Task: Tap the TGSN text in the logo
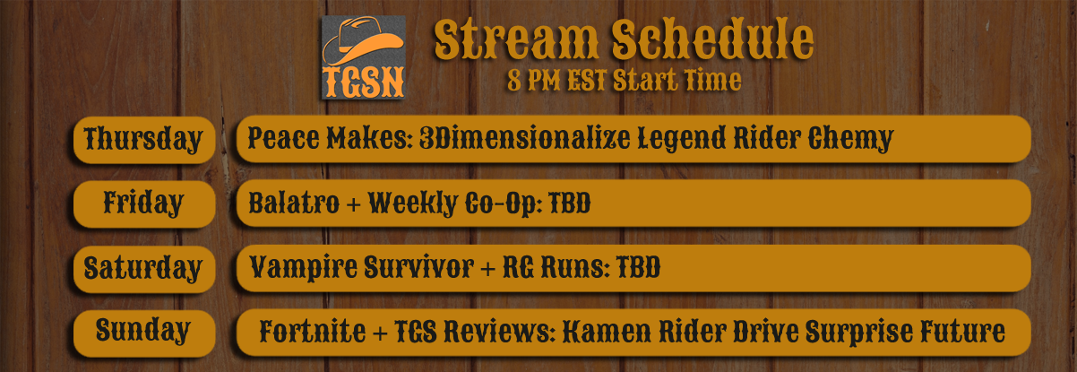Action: (x=364, y=82)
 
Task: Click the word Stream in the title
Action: (x=516, y=40)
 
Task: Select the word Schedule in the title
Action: (x=712, y=39)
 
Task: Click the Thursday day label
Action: (x=143, y=140)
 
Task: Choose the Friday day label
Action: (x=143, y=203)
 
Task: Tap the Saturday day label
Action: (x=142, y=267)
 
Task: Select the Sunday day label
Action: (x=143, y=331)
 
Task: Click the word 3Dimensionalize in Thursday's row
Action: (x=524, y=138)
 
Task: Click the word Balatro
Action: (x=294, y=203)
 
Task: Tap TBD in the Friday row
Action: (x=569, y=203)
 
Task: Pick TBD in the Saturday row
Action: (x=639, y=267)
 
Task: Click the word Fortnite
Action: (x=313, y=331)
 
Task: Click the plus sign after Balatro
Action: (x=353, y=204)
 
